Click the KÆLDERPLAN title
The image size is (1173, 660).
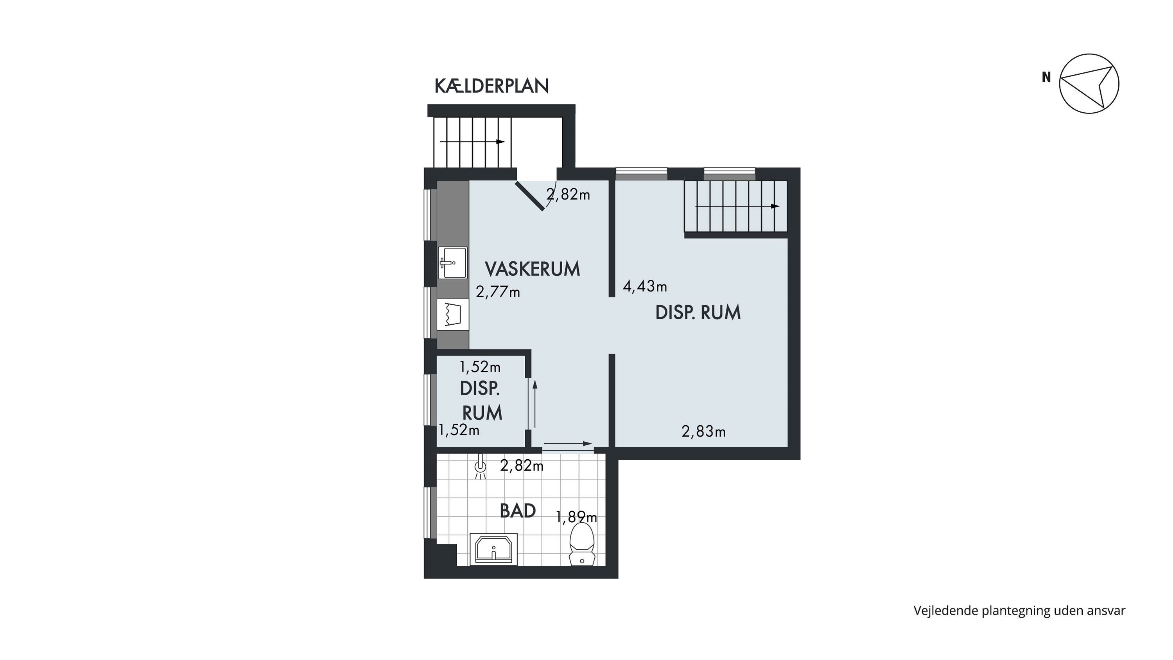(x=492, y=86)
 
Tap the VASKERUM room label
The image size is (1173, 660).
(x=532, y=269)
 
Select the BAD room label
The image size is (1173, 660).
(x=518, y=511)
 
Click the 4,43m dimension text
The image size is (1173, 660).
(x=645, y=286)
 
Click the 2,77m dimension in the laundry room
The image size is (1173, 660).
(x=498, y=291)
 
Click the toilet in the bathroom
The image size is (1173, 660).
(x=582, y=544)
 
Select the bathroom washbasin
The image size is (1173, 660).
(x=493, y=549)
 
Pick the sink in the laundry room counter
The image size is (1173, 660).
(x=453, y=263)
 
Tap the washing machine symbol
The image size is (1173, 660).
(x=453, y=314)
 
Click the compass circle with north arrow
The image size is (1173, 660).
(x=1089, y=83)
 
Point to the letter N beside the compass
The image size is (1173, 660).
(x=1046, y=77)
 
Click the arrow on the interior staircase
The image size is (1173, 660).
(x=737, y=206)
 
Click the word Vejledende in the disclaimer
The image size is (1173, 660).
(x=945, y=611)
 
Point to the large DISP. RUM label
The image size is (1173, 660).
(x=698, y=313)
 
